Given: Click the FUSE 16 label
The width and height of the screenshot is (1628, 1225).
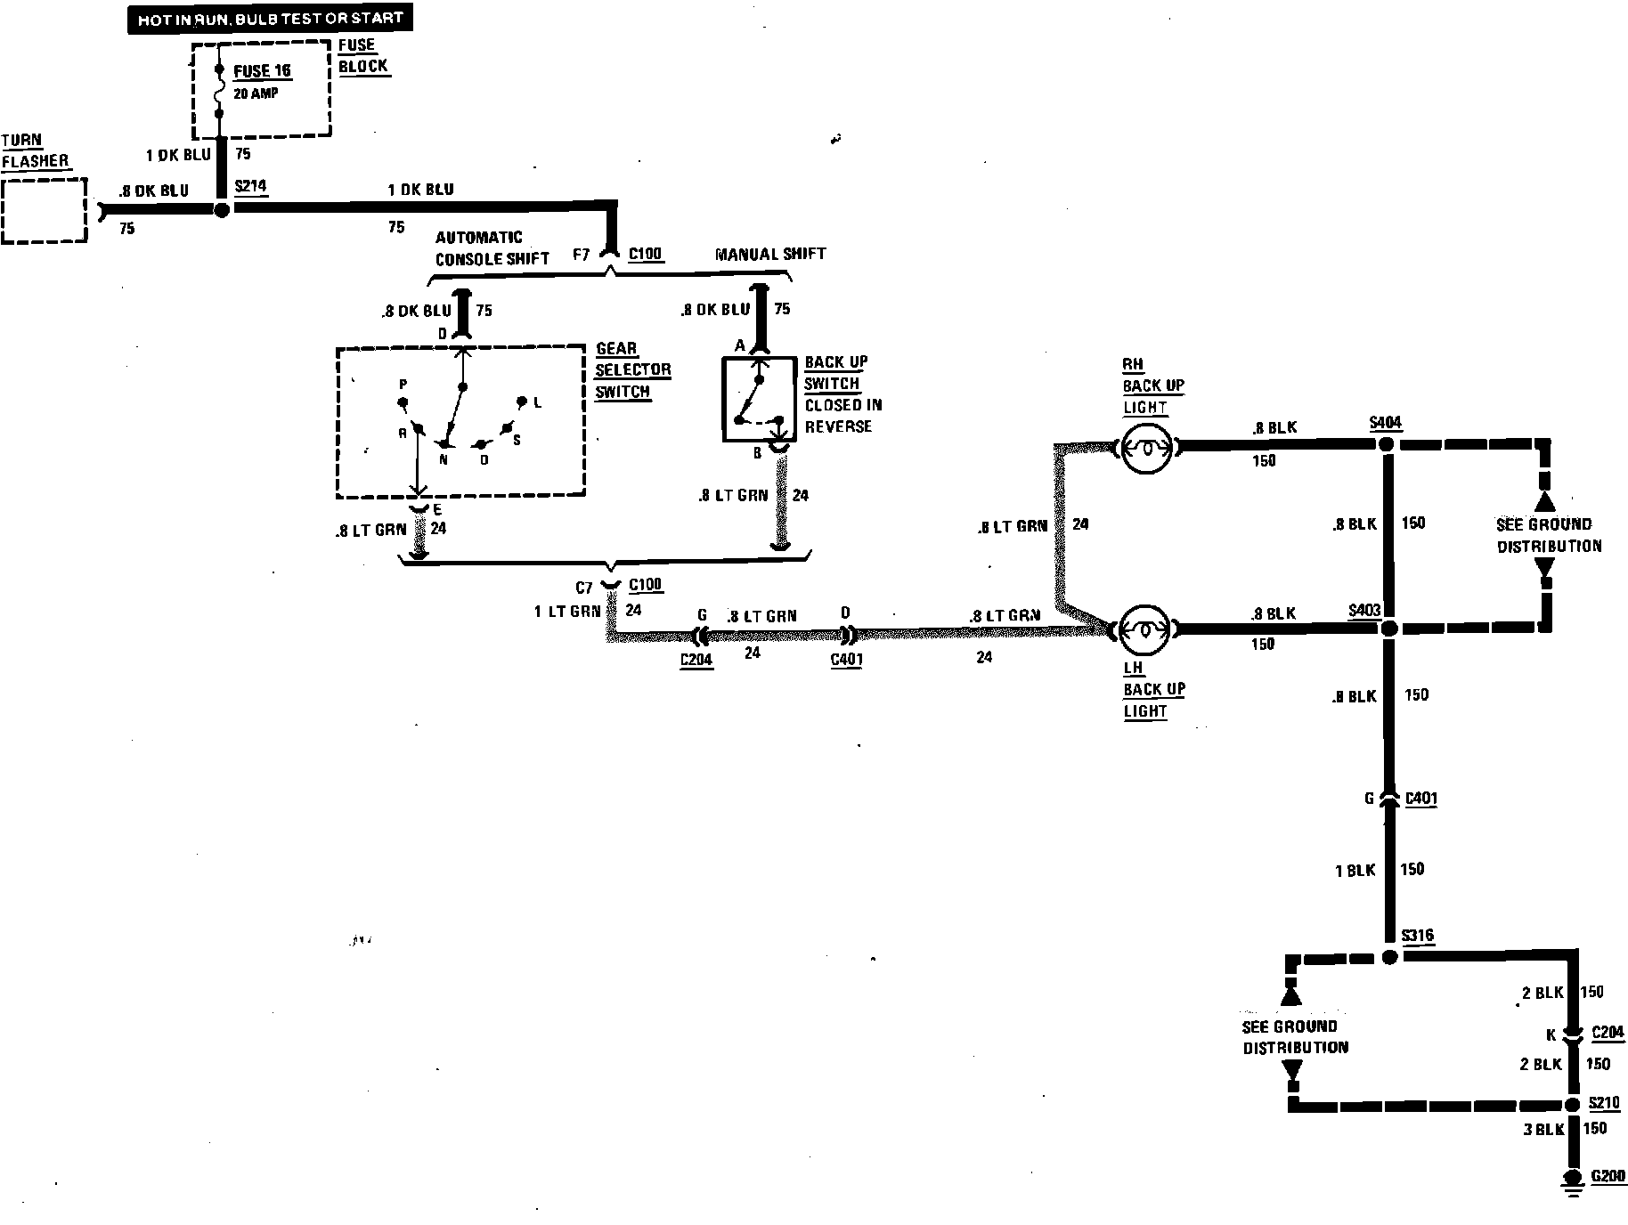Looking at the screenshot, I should pyautogui.click(x=262, y=71).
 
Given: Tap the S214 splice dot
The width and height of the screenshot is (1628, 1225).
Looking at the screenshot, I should pyautogui.click(x=222, y=210).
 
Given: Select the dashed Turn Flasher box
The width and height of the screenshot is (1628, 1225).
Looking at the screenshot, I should pyautogui.click(x=44, y=210).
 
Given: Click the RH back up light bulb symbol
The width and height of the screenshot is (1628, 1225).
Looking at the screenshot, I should pyautogui.click(x=1145, y=448).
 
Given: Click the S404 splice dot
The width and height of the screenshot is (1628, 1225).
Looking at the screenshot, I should pyautogui.click(x=1387, y=443).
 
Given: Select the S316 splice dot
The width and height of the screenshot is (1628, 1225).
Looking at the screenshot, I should pyautogui.click(x=1389, y=958).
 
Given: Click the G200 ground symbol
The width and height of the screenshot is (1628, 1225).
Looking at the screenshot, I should pyautogui.click(x=1575, y=1180).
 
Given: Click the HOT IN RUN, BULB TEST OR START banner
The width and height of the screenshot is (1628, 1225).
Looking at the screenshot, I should pyautogui.click(x=270, y=19).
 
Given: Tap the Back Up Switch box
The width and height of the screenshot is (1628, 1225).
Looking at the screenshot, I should pyautogui.click(x=759, y=400).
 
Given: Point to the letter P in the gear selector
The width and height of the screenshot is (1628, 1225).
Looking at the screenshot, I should pyautogui.click(x=403, y=385).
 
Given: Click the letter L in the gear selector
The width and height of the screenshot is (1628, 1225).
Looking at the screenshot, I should pyautogui.click(x=538, y=403).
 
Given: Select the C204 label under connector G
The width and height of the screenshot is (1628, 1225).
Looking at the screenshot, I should pyautogui.click(x=696, y=660).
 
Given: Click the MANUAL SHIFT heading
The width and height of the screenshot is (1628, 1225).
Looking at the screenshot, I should pyautogui.click(x=770, y=254).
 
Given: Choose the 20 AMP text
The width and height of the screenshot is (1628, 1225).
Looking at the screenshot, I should pyautogui.click(x=256, y=93).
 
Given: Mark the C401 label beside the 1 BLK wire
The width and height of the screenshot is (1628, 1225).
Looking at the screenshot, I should pyautogui.click(x=1421, y=799).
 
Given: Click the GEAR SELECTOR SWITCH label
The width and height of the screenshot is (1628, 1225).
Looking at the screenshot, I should pyautogui.click(x=632, y=370).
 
